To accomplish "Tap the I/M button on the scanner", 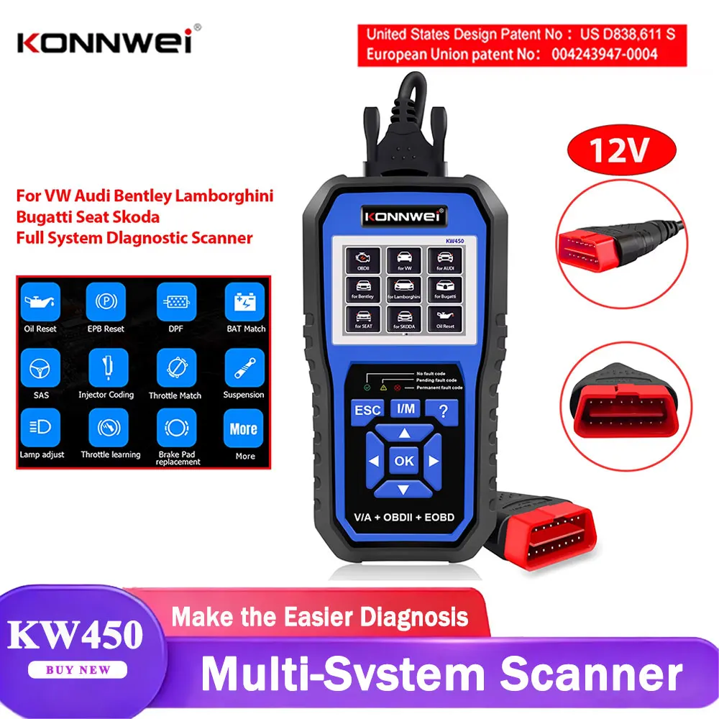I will click(x=406, y=408).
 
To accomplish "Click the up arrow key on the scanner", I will click(x=405, y=433).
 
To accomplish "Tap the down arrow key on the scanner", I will click(x=403, y=489).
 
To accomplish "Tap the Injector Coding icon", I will click(x=106, y=367).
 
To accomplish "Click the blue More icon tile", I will click(x=244, y=429).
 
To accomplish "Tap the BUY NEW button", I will click(x=79, y=669).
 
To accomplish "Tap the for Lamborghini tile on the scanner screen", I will click(x=402, y=288).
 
